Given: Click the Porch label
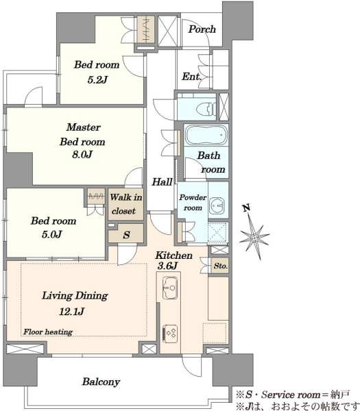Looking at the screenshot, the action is click(x=202, y=29).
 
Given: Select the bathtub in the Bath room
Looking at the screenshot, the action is click(x=206, y=135).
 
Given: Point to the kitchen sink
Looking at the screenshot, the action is click(x=169, y=288).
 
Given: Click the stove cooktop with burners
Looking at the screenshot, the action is click(x=170, y=334).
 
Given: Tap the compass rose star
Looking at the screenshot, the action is click(x=254, y=237).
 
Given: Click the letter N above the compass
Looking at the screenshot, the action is click(x=246, y=208).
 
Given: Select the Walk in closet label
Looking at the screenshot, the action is click(x=126, y=204).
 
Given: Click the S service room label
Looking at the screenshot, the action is click(x=126, y=234).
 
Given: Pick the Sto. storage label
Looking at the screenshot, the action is click(x=220, y=266).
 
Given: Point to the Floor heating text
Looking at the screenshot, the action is click(x=48, y=332).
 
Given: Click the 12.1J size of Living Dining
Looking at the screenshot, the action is click(x=71, y=312).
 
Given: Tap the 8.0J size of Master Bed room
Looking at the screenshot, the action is click(x=82, y=155).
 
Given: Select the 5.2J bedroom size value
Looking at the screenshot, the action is click(x=97, y=79).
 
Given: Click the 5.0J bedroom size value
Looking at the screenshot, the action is click(x=51, y=234).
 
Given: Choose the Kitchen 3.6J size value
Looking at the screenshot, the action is click(x=167, y=266).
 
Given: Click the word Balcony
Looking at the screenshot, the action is click(x=101, y=382).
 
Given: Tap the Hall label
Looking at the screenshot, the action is click(x=162, y=182).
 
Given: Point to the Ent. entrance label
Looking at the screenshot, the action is click(x=192, y=77).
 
